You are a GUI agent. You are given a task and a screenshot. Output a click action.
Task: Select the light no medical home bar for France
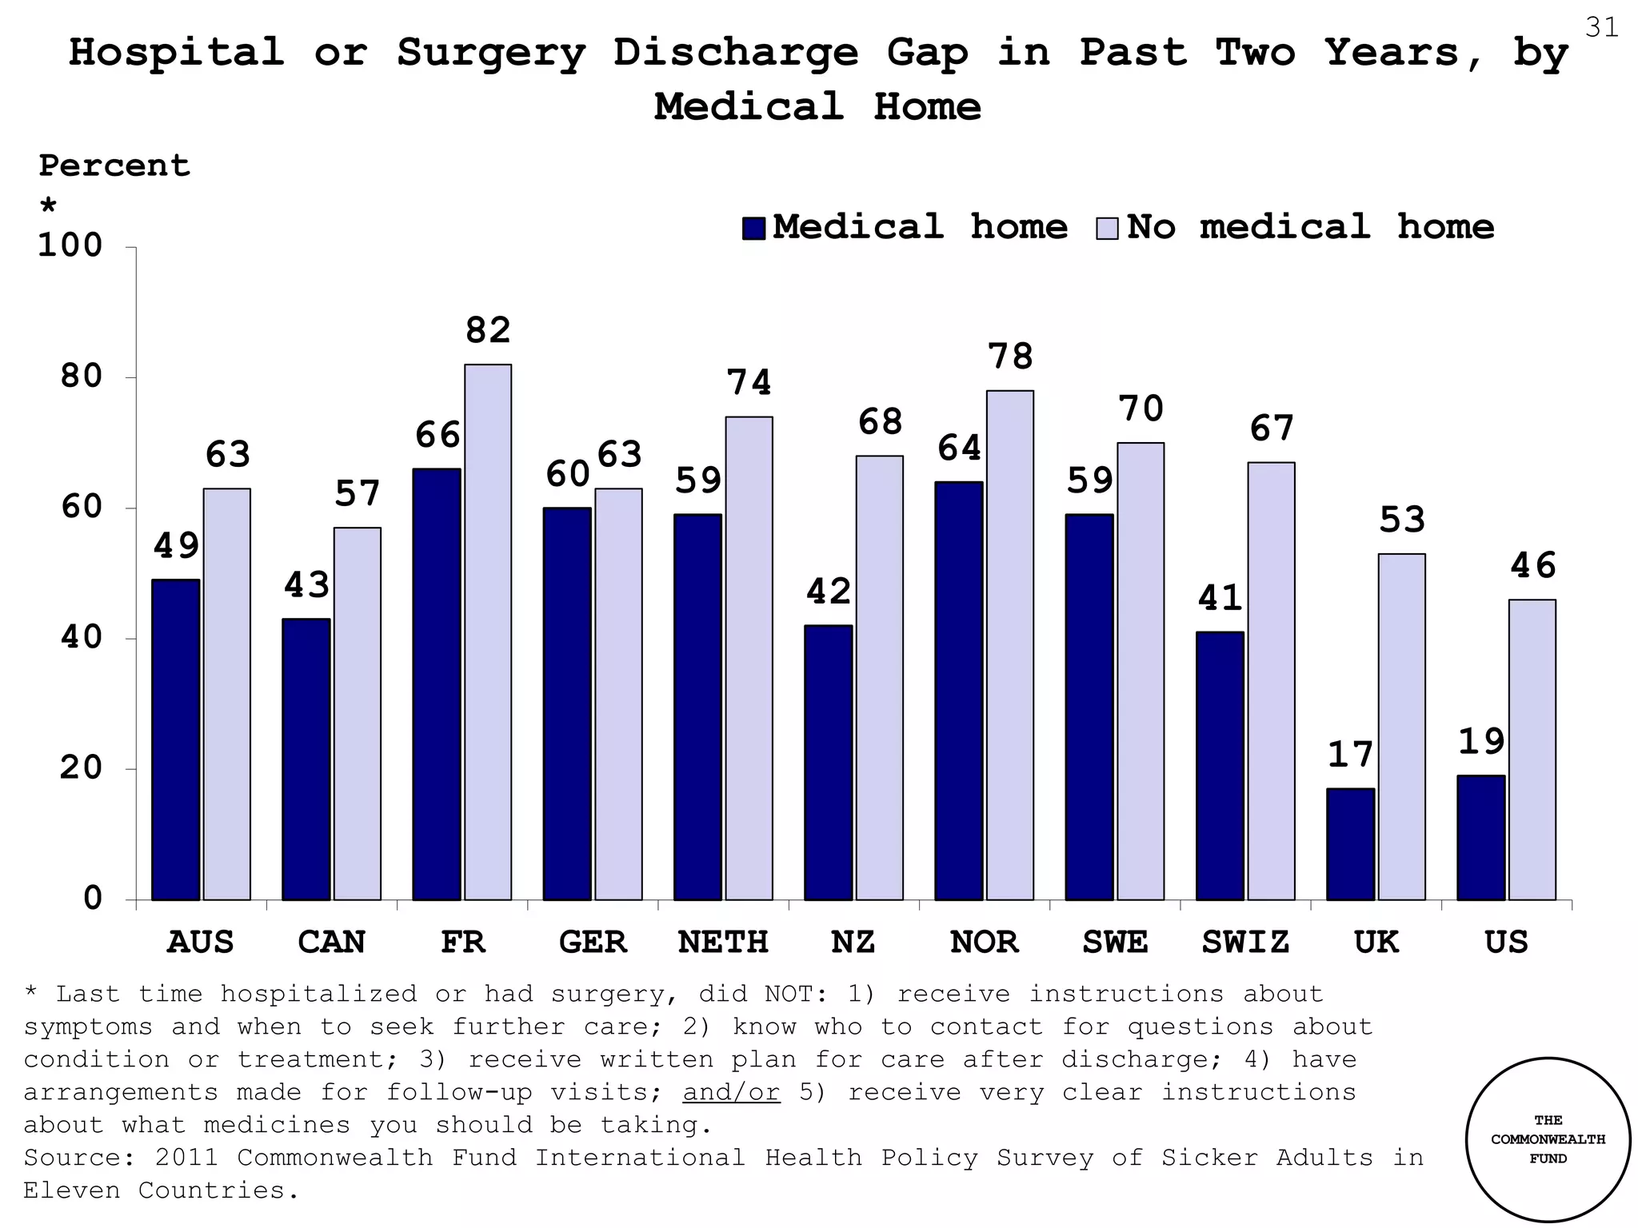coord(488,632)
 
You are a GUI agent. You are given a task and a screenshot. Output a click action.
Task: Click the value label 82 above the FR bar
coord(488,331)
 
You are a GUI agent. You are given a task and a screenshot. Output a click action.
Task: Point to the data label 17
coord(1350,756)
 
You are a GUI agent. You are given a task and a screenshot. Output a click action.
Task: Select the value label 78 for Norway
coord(1010,357)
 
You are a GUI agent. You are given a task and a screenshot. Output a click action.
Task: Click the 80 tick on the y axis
coord(82,377)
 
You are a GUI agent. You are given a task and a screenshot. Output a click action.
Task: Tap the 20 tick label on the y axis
coord(82,768)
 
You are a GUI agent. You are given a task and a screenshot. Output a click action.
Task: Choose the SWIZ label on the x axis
coord(1245,943)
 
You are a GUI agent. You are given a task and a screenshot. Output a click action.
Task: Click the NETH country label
coord(723,943)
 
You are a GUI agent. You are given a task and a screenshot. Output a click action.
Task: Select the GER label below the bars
coord(593,943)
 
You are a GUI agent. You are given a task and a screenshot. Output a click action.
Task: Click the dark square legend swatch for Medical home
coord(753,228)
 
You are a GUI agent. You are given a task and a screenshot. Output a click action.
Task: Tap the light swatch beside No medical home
coord(1107,228)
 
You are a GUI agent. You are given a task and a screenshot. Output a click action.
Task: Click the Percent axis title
coord(114,165)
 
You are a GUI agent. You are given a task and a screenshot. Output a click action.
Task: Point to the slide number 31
coord(1601,28)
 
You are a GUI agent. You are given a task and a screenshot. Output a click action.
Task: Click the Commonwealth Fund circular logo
coord(1548,1139)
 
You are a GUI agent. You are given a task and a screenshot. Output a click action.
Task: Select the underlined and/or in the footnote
coord(730,1092)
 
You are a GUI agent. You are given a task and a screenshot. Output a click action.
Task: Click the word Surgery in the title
coord(491,53)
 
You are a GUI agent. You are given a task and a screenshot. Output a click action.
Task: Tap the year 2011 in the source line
coord(186,1158)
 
